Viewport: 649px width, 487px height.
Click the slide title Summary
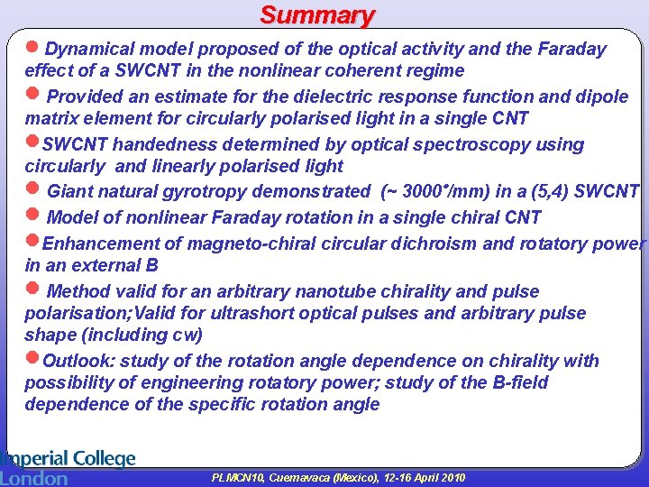317,15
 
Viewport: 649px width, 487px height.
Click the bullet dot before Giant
33,189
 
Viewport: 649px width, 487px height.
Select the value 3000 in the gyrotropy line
417,191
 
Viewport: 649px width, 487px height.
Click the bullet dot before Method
33,289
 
